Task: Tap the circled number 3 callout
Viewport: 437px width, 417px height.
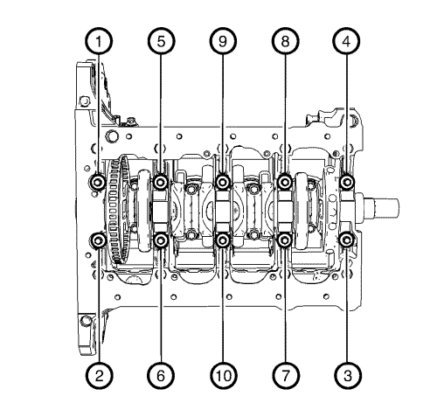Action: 348,376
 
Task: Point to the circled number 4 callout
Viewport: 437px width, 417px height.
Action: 348,40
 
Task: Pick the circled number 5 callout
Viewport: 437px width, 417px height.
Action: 162,40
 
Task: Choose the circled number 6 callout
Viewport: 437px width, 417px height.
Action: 162,376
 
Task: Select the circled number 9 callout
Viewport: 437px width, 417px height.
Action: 224,40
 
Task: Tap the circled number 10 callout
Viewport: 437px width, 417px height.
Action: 224,376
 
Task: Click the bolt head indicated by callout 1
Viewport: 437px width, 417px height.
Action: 100,182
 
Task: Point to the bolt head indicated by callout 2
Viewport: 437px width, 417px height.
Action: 100,240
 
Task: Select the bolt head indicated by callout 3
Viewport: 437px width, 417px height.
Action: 348,240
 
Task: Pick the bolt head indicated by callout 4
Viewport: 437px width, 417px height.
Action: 348,182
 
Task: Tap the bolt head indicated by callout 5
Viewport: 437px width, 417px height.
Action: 162,182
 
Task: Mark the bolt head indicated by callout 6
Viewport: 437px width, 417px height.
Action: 162,240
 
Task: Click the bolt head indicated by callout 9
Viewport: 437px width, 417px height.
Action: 224,182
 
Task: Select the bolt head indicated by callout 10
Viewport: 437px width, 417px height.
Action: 224,240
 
